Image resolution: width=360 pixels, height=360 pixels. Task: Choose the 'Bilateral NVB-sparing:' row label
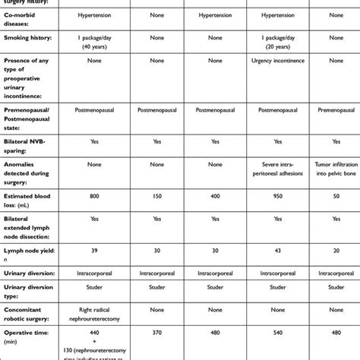point(30,142)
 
